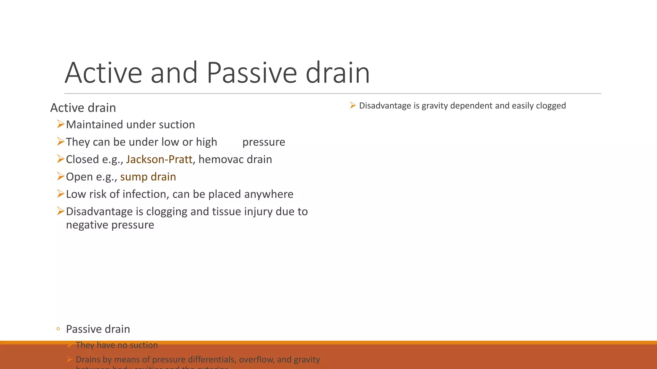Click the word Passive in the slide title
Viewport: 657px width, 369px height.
(x=252, y=73)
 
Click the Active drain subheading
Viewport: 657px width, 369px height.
(x=83, y=108)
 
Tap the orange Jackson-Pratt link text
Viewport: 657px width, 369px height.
(x=159, y=159)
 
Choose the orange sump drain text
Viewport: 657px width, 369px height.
(x=148, y=177)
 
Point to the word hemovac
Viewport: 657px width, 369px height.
(x=217, y=159)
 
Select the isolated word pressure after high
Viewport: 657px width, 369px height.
(x=264, y=142)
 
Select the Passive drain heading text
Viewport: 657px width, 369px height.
(x=98, y=329)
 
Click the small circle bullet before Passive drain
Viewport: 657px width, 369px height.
(x=58, y=329)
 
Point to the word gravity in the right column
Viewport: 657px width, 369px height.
(x=435, y=106)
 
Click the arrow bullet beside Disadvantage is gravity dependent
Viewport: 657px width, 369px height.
(x=353, y=105)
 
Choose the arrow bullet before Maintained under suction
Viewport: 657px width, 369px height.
(x=61, y=124)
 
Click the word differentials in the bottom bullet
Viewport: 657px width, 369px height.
(x=210, y=360)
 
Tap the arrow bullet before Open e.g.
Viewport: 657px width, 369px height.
(x=61, y=176)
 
